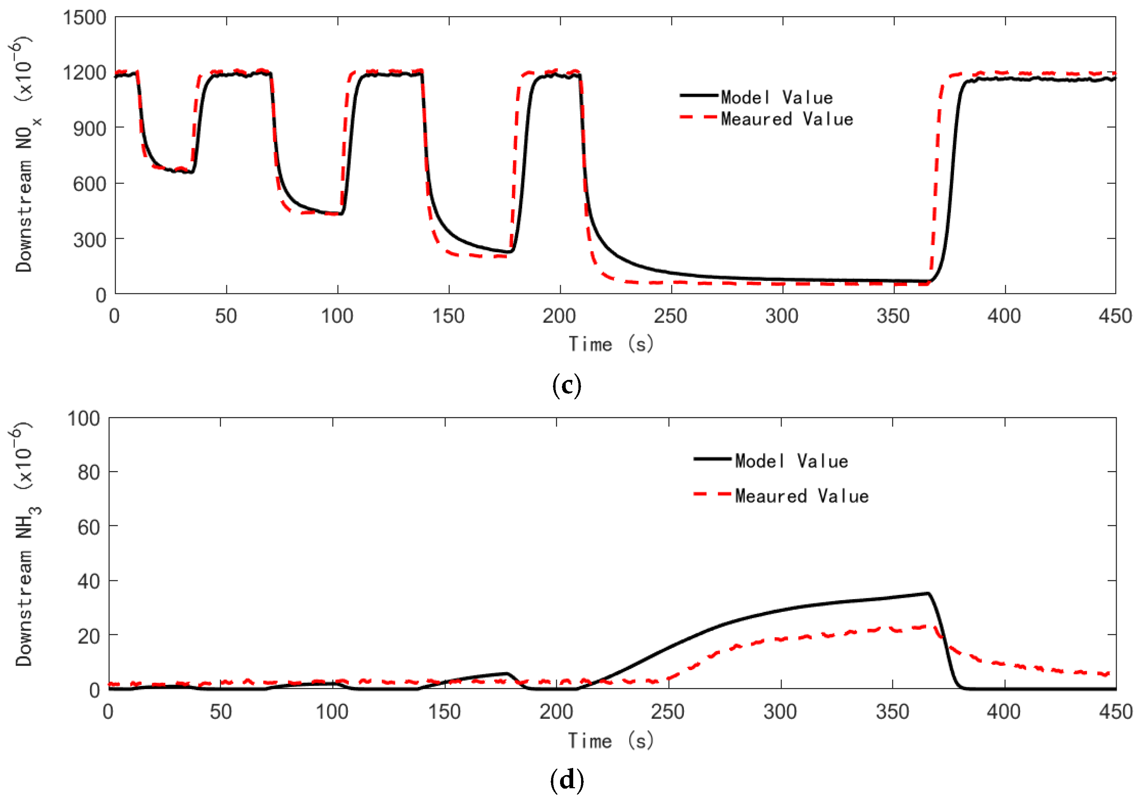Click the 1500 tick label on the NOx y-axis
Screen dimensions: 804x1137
(84, 18)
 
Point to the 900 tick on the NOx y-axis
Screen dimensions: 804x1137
(89, 129)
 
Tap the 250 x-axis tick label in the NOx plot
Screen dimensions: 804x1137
(670, 316)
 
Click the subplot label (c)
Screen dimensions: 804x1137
(566, 385)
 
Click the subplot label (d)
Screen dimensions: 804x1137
(566, 780)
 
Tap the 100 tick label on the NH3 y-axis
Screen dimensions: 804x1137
(83, 419)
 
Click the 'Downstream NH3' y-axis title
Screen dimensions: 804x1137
(25, 545)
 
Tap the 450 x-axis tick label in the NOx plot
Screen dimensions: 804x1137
(1115, 316)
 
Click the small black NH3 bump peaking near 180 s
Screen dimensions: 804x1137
(506, 673)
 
